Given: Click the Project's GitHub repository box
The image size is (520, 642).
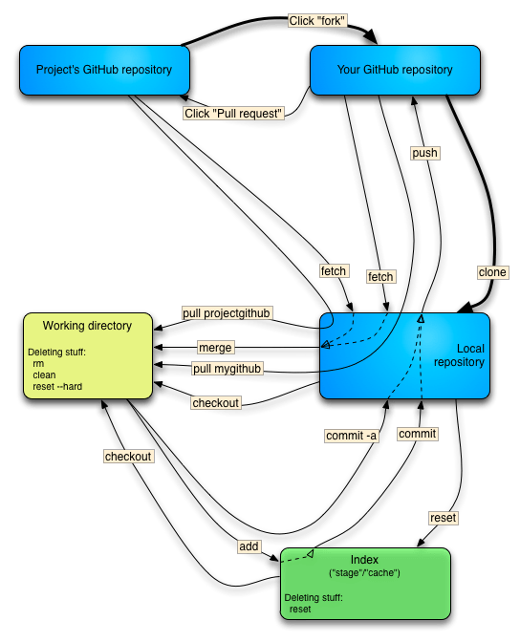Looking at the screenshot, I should coord(103,70).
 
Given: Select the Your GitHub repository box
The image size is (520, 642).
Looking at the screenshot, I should coord(395,70).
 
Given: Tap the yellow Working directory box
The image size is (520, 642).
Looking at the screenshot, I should coord(87,353).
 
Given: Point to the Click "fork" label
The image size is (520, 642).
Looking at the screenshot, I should coord(316,20).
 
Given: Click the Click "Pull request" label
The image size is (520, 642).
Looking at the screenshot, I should coord(234,113).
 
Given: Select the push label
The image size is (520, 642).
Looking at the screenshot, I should coord(424,153).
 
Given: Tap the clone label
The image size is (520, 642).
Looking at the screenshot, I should coord(492,272).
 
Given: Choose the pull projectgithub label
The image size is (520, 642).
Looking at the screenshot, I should coord(227,313).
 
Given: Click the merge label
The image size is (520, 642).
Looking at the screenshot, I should coord(215,348).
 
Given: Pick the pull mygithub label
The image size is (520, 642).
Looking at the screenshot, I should coord(227,369).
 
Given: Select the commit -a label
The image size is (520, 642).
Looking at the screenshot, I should coord(351,436).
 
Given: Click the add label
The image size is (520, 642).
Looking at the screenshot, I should coord(249,546).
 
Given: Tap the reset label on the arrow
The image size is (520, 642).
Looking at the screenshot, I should coord(444,518).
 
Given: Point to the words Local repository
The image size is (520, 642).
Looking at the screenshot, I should coord(459,355).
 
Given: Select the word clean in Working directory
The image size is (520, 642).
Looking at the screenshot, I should coord(44,375).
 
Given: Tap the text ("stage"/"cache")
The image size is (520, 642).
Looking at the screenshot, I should coord(363,572).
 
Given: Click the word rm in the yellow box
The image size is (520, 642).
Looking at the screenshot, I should coord(38,364).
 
